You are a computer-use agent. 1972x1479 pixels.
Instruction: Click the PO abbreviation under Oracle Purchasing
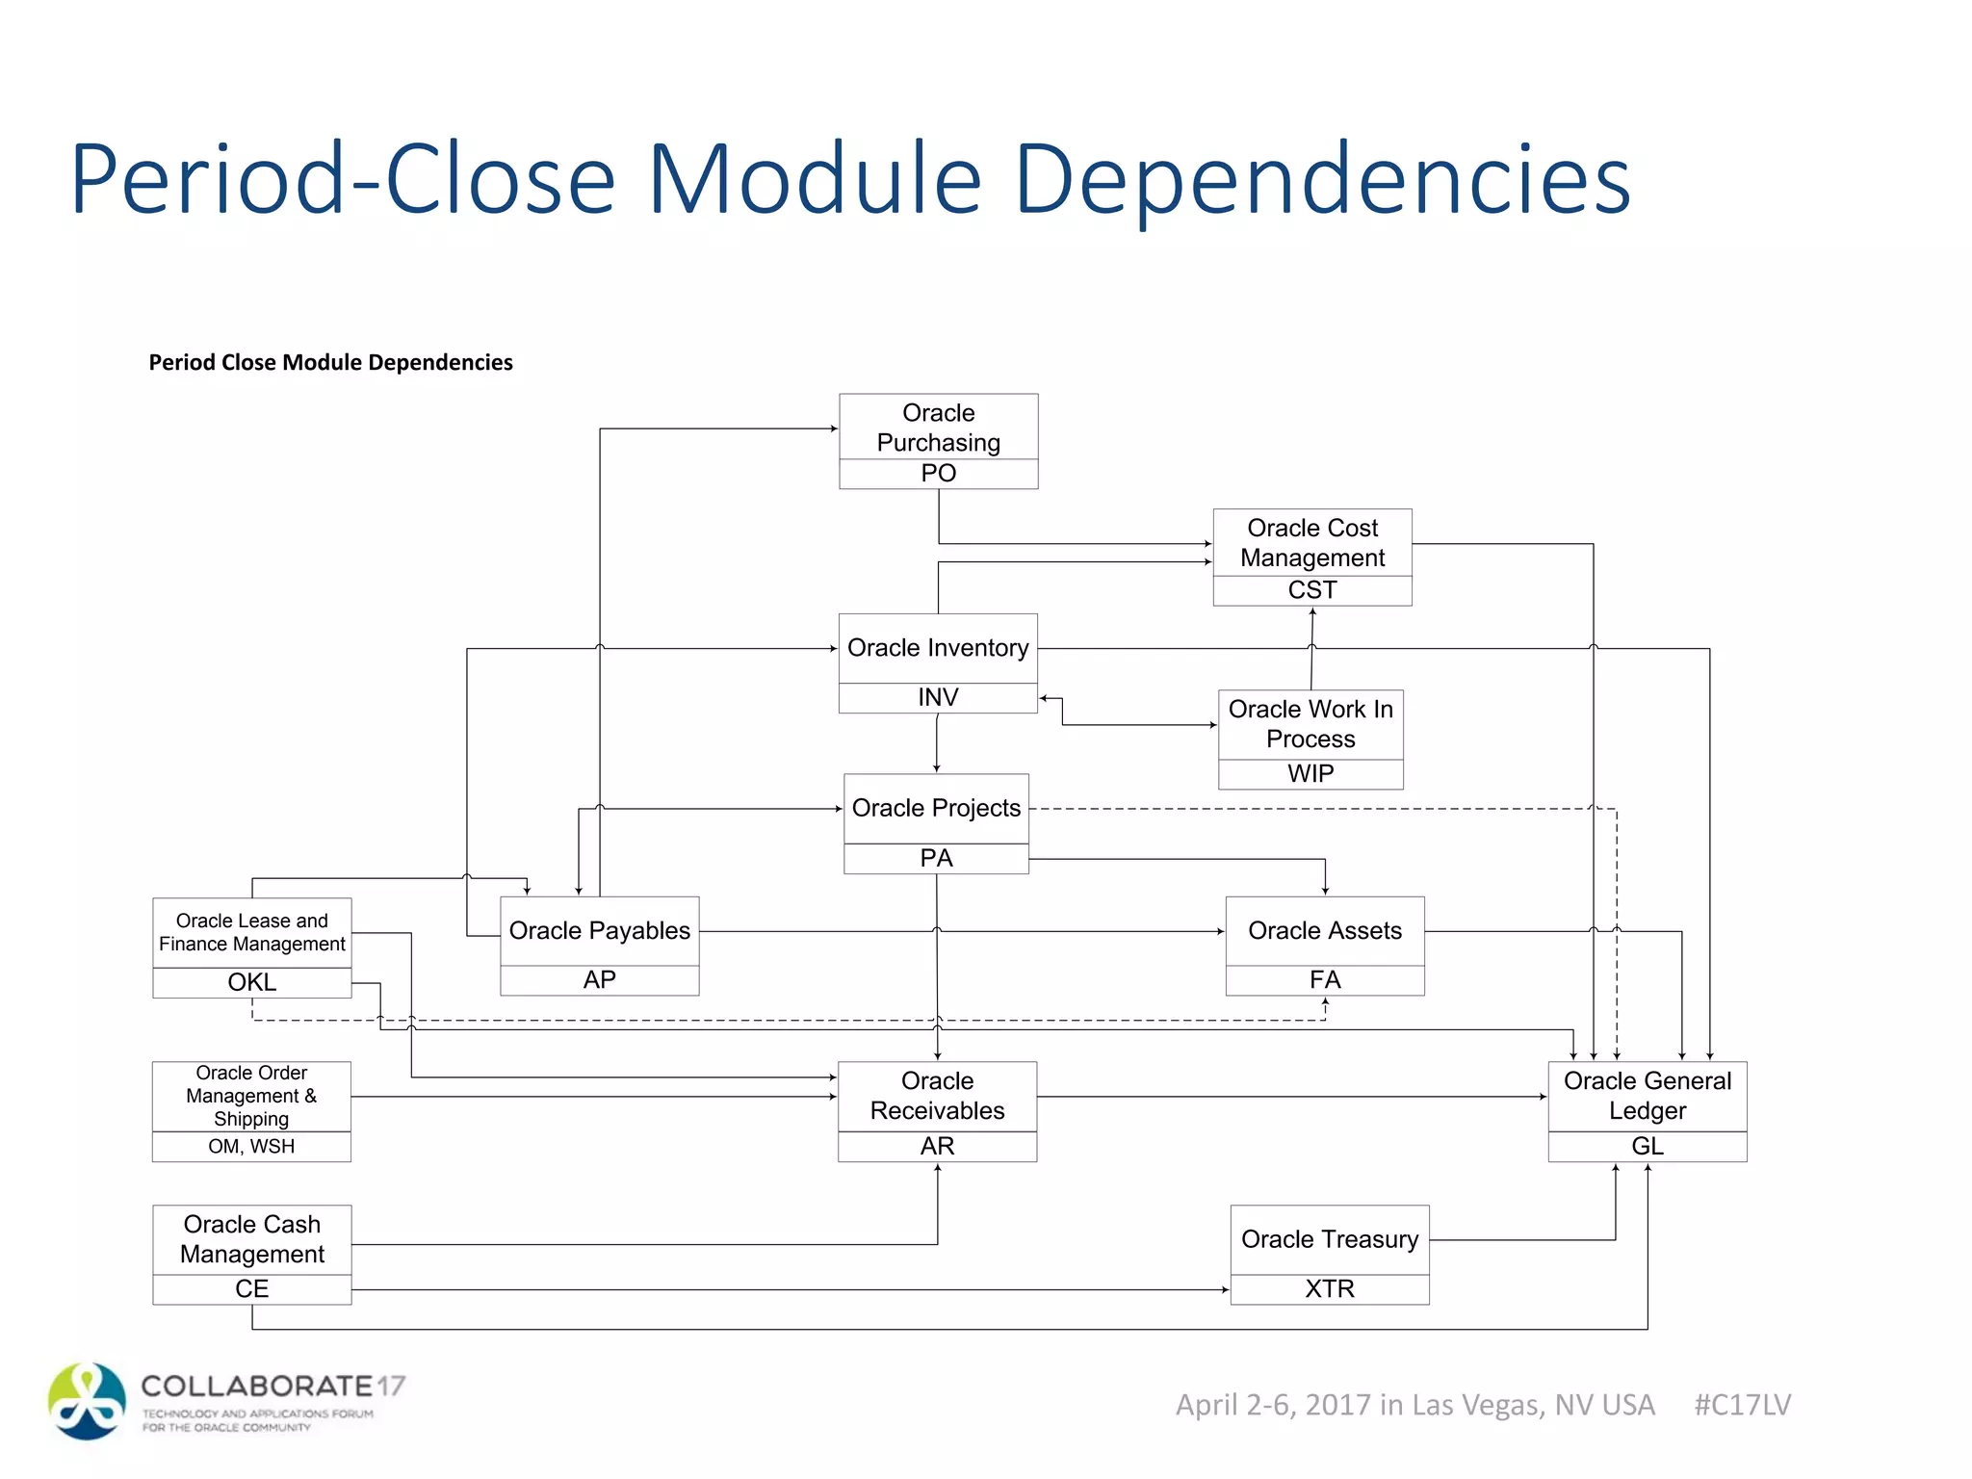click(938, 474)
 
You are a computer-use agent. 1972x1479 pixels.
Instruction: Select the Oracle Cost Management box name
click(1311, 543)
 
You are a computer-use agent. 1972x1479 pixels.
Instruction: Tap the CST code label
click(1311, 590)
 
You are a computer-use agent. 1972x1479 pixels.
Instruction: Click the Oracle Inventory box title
click(938, 648)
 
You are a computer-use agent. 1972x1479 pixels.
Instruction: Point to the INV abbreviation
click(938, 698)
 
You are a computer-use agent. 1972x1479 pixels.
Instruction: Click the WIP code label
click(1310, 774)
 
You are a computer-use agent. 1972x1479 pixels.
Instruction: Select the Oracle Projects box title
click(936, 808)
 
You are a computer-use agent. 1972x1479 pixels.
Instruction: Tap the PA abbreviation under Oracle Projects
click(936, 859)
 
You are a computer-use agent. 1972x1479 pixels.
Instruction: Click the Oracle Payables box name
click(599, 931)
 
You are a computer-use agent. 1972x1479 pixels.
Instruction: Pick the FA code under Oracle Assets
click(1325, 980)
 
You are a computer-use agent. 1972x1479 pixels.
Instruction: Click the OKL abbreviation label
click(251, 982)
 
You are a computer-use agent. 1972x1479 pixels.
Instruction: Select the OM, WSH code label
click(251, 1147)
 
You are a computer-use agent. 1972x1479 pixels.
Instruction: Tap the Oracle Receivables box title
click(937, 1096)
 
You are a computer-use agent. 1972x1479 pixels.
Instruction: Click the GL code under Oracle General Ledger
click(1647, 1147)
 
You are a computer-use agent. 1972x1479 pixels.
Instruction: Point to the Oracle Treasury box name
click(1329, 1239)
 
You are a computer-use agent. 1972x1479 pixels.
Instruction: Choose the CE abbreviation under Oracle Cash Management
click(251, 1289)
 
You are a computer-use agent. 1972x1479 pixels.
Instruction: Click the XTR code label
click(1329, 1289)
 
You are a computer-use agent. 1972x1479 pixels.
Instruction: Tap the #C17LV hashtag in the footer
click(1742, 1405)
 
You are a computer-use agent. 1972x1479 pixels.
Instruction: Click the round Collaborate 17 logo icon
click(87, 1401)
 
